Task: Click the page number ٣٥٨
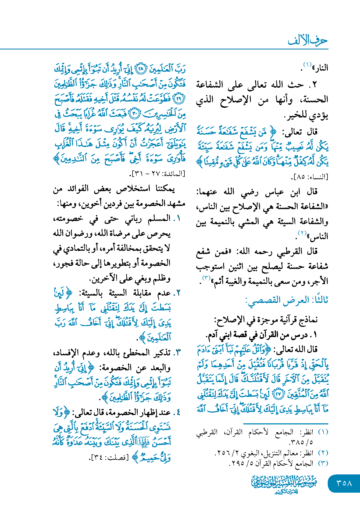click(344, 483)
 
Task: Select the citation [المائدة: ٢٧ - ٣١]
click(158, 174)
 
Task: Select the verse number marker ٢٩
click(179, 99)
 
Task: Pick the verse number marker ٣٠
click(135, 114)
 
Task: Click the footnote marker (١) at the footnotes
click(323, 432)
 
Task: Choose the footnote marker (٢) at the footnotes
click(323, 453)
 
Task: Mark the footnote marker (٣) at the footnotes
click(323, 463)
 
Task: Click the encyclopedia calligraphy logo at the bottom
click(284, 484)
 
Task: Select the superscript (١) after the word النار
click(307, 65)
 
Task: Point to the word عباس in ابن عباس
click(274, 192)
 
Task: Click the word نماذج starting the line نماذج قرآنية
click(309, 320)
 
